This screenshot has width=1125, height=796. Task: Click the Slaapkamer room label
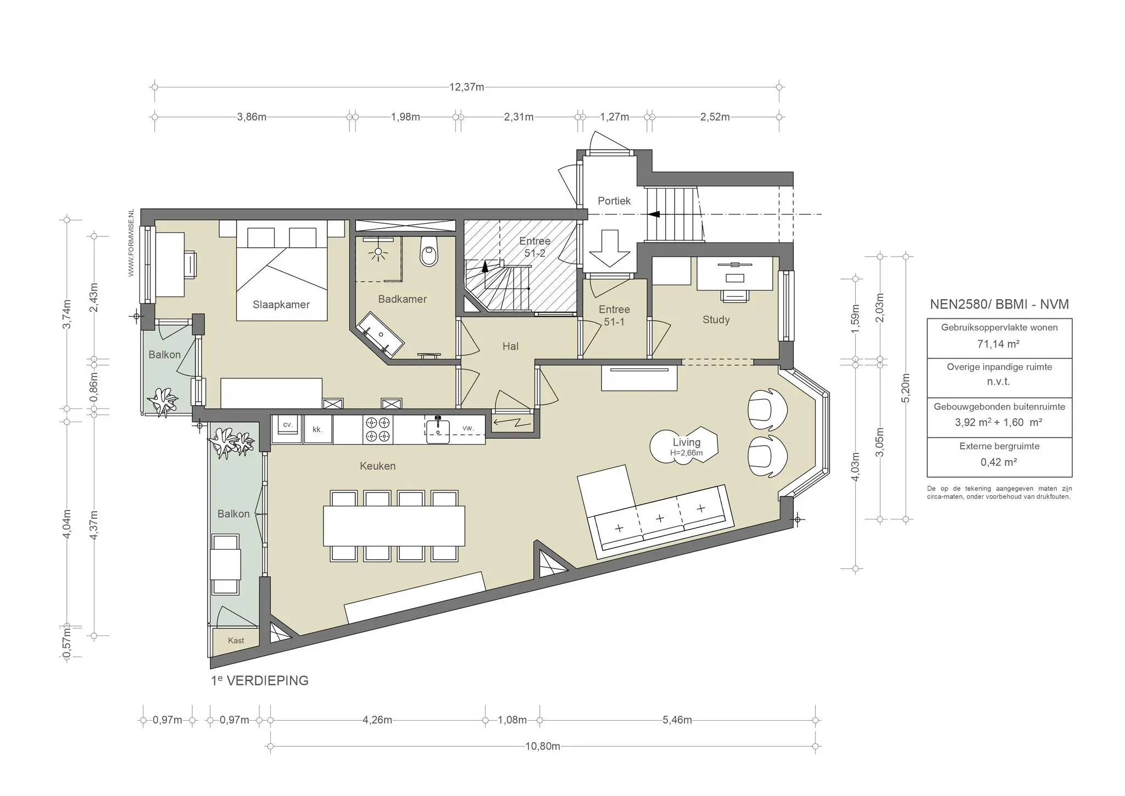(x=281, y=305)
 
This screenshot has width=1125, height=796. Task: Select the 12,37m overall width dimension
(x=467, y=87)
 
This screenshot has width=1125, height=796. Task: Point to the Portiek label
(x=614, y=201)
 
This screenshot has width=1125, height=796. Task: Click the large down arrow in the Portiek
(x=609, y=248)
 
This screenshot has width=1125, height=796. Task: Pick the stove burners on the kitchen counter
(x=378, y=429)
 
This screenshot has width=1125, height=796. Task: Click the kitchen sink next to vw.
(x=438, y=431)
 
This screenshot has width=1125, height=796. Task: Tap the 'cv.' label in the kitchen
(x=287, y=424)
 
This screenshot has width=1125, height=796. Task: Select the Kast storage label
(x=236, y=640)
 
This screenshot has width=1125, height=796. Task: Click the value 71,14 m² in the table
(x=999, y=344)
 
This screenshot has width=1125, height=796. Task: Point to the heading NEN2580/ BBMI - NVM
(x=999, y=304)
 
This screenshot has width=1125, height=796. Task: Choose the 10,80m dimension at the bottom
(x=543, y=746)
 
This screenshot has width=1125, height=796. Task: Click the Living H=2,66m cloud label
(x=686, y=446)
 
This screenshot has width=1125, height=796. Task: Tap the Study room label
(x=716, y=320)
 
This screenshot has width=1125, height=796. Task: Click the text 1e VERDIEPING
(x=260, y=681)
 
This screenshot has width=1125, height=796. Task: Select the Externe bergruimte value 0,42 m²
(x=999, y=462)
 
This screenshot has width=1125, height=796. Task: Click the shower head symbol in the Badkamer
(x=378, y=253)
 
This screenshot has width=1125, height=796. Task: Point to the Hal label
(x=510, y=346)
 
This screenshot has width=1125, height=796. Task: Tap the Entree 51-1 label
(x=614, y=316)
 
